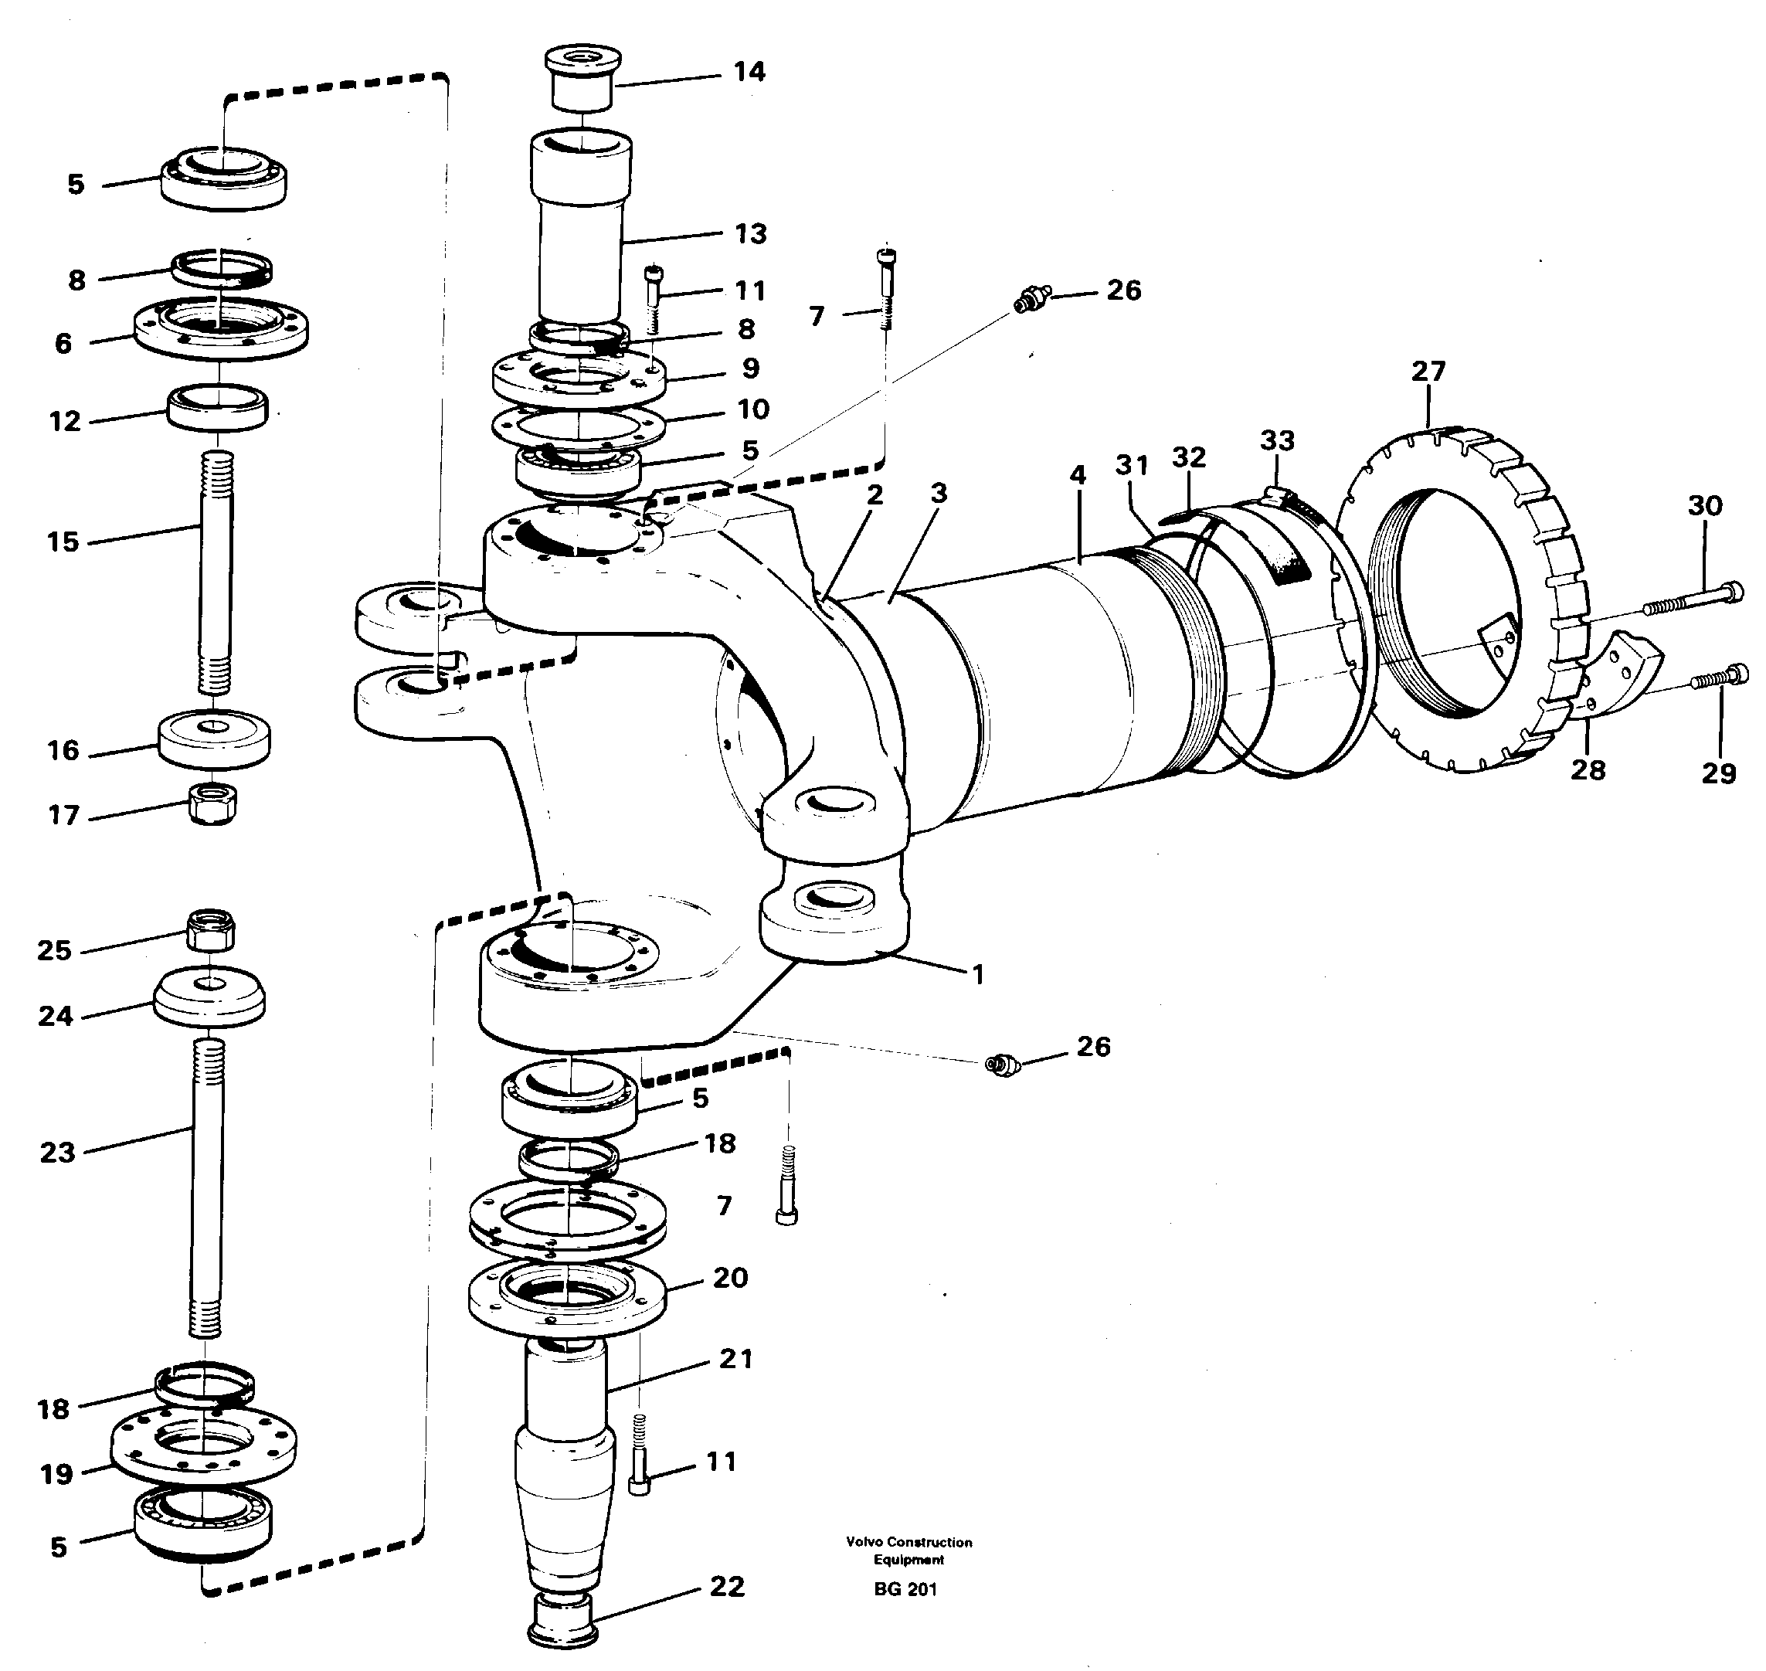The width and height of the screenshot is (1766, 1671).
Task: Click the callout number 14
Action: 749,71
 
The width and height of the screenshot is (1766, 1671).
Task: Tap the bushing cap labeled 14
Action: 582,77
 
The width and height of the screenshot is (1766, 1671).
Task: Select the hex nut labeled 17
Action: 214,803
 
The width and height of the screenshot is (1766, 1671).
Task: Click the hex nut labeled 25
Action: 211,930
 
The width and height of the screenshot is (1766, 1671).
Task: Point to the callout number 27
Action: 1428,371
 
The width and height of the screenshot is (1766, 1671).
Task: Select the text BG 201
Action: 905,1589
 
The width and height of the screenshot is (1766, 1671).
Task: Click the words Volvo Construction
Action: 908,1542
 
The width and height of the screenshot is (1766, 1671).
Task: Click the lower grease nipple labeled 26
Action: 1002,1063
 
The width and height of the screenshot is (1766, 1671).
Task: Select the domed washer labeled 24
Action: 209,996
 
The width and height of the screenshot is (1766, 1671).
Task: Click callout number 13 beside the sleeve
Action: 750,233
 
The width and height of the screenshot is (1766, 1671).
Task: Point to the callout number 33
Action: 1277,440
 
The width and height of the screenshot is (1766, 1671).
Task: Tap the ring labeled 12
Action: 217,406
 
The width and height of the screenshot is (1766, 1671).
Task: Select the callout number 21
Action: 735,1358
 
